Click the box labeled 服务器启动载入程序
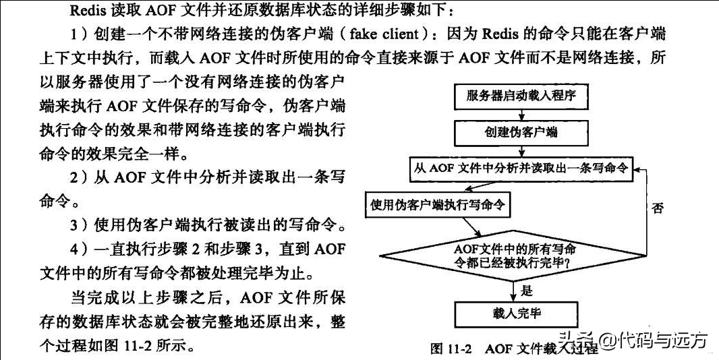click(x=521, y=97)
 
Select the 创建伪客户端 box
click(x=521, y=133)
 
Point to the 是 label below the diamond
click(x=526, y=290)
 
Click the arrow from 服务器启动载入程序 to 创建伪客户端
click(x=521, y=115)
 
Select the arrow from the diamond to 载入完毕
click(x=513, y=291)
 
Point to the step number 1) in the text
click(x=78, y=34)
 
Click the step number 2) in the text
click(x=78, y=177)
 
